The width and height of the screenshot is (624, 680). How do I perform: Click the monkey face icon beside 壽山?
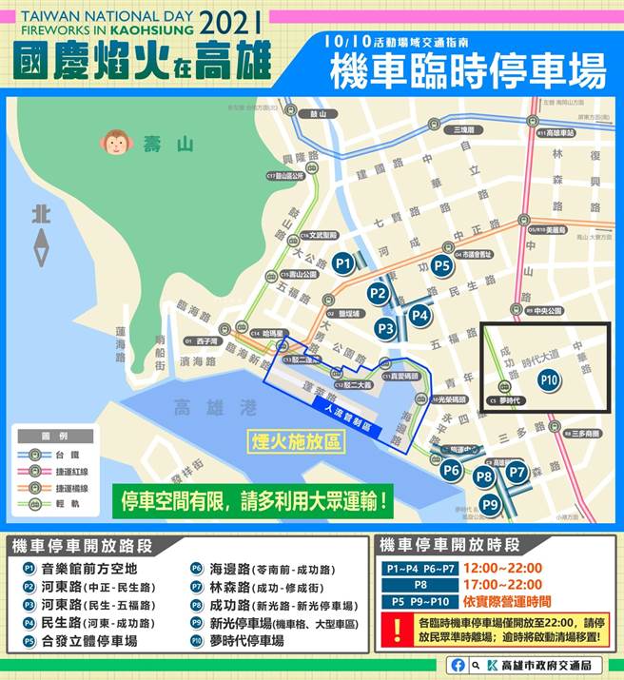(115, 144)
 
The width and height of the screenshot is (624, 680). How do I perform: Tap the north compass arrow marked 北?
(40, 235)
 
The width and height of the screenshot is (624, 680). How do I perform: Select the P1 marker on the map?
(343, 262)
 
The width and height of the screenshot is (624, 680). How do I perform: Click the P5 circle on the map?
(441, 266)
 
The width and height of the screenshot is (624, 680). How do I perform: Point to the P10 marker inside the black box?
(548, 379)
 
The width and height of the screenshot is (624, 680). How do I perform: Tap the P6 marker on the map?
(451, 470)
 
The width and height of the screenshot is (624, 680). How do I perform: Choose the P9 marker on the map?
(489, 505)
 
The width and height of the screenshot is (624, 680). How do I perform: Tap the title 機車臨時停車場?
(468, 71)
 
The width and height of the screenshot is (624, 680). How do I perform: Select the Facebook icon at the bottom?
(458, 665)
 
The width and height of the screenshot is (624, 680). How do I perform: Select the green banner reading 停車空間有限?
(254, 499)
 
